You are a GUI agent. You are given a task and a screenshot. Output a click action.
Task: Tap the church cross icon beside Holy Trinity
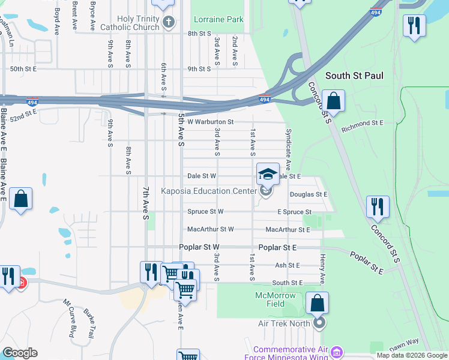[x=169, y=23]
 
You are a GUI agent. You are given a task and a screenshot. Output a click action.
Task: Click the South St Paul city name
[x=354, y=76]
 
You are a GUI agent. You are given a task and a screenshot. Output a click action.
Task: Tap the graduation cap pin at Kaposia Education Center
[x=268, y=175]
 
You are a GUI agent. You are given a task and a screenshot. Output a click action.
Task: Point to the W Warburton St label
[x=210, y=122]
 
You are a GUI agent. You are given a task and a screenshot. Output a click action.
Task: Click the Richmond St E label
[x=362, y=122]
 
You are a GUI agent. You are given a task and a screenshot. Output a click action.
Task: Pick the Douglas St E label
[x=309, y=194]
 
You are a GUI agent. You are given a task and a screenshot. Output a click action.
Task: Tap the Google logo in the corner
[x=19, y=353]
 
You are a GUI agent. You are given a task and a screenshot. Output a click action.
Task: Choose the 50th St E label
[x=23, y=69]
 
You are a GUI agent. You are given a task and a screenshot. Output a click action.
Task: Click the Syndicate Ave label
[x=289, y=148]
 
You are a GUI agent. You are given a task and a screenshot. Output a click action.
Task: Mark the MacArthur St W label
[x=210, y=229]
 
